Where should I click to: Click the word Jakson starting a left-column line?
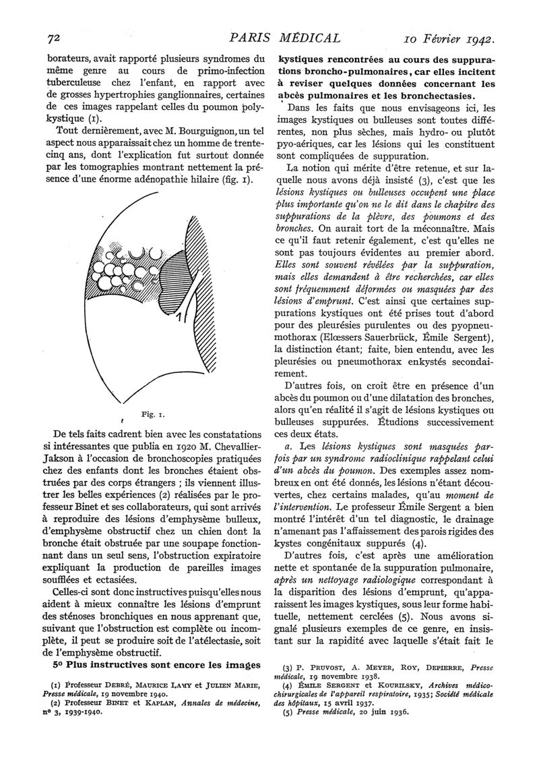pos(61,453)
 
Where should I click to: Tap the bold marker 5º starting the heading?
pos(58,664)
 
